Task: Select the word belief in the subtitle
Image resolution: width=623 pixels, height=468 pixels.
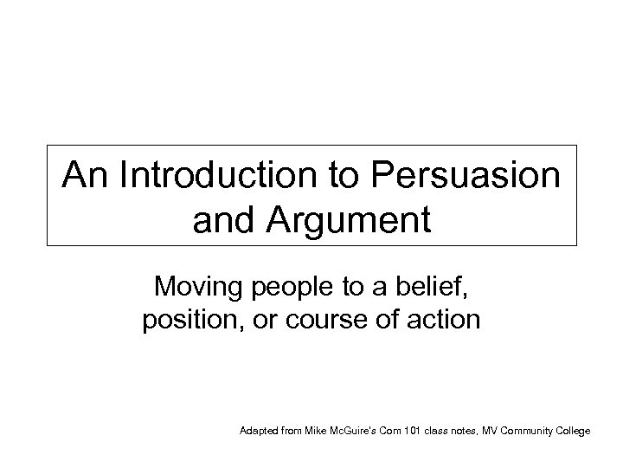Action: click(438, 287)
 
